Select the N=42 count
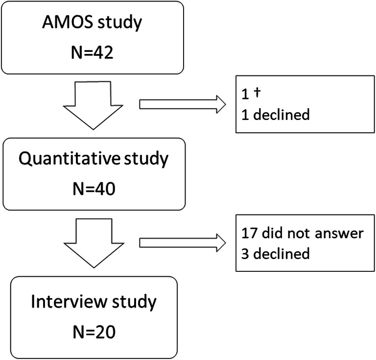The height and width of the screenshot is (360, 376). click(92, 52)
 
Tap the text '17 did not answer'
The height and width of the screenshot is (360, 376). click(302, 233)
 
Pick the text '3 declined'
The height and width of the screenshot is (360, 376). click(276, 253)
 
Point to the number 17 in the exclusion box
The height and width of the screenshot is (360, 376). click(248, 233)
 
